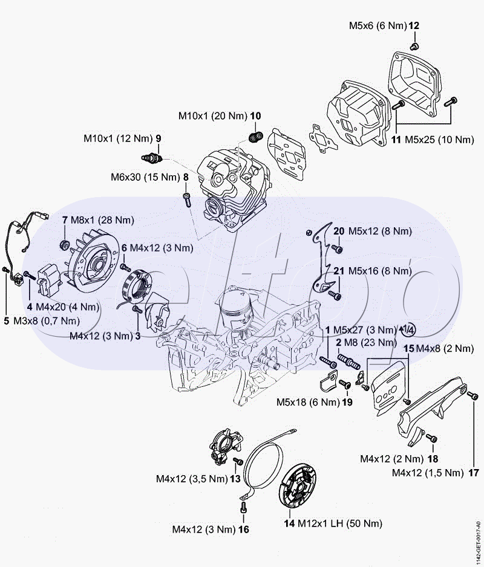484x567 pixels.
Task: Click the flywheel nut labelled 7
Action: coord(64,245)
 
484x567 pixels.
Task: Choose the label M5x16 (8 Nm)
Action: coord(379,271)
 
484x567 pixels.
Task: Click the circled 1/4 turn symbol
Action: coord(407,329)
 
